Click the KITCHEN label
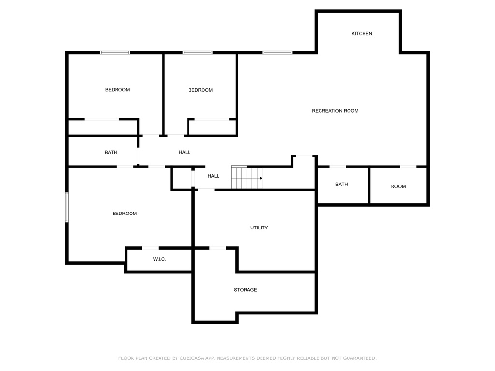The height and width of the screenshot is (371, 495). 362,34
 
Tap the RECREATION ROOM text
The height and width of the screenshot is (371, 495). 335,111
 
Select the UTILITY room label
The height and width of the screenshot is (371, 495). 259,228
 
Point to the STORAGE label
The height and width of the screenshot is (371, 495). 245,290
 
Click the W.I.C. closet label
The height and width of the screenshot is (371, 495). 160,259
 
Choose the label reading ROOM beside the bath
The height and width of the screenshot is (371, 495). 398,187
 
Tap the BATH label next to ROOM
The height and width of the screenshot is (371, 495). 342,184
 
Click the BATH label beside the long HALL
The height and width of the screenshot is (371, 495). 111,152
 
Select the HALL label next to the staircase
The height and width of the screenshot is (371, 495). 213,176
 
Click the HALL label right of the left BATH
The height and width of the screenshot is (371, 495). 184,152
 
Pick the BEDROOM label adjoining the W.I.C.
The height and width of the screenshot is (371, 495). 125,214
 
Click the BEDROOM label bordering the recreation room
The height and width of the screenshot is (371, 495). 201,90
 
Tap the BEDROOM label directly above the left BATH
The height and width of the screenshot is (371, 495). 117,90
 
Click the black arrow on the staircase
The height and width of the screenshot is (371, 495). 261,178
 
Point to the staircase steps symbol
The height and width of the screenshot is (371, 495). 247,177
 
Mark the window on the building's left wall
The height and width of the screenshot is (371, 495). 67,207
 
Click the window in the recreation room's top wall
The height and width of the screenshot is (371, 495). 277,52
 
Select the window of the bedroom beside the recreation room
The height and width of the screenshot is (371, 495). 198,52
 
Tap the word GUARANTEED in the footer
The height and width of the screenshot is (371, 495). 360,358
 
